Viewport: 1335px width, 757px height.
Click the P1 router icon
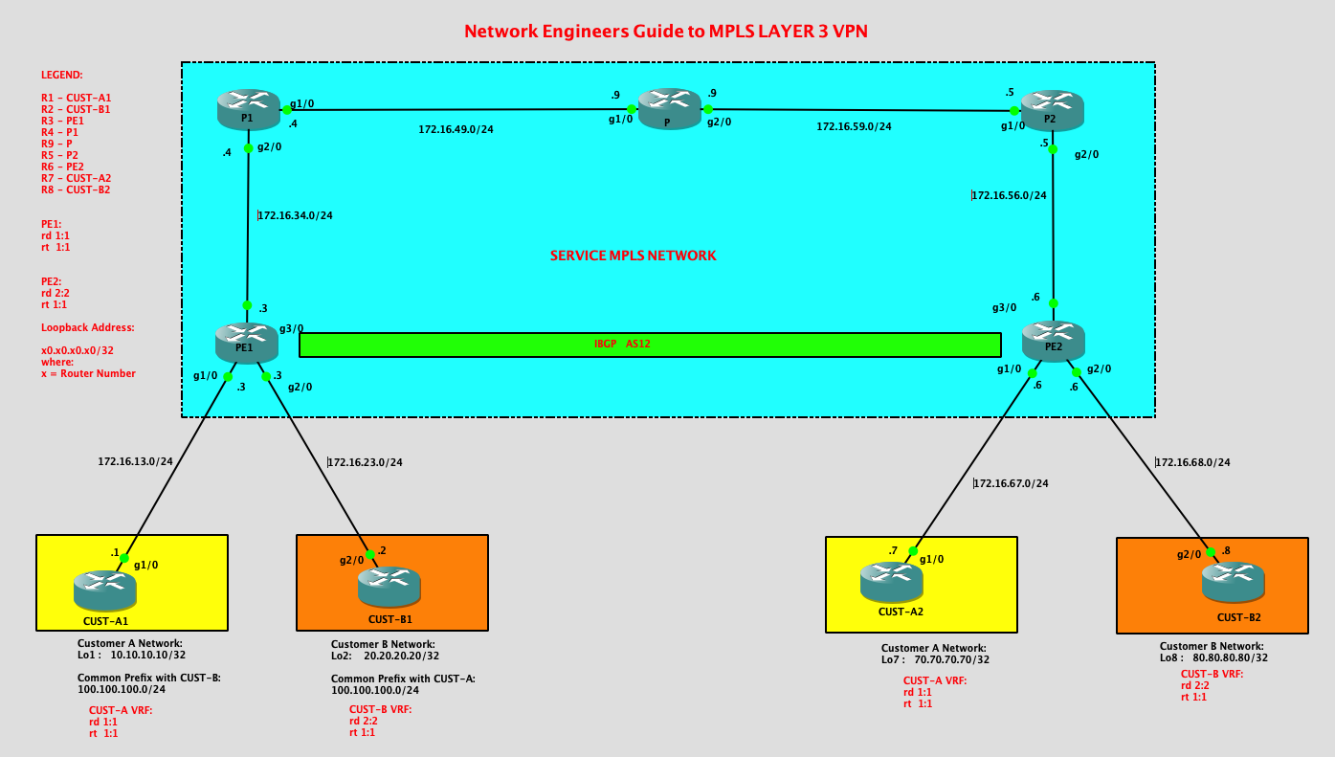(x=248, y=108)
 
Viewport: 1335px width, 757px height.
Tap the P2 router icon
(x=1052, y=109)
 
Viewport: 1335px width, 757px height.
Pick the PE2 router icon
(x=1053, y=341)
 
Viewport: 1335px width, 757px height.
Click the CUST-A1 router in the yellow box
(x=105, y=590)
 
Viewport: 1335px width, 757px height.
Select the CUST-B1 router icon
(x=389, y=585)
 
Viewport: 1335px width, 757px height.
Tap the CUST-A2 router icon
(x=891, y=581)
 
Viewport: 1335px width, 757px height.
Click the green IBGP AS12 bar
(x=650, y=345)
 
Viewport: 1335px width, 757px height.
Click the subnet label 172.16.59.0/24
(x=854, y=126)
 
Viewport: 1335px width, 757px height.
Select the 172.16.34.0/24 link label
(x=296, y=215)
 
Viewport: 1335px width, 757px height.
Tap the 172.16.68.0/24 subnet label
(x=1193, y=462)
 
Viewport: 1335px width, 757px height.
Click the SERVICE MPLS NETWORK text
(x=633, y=256)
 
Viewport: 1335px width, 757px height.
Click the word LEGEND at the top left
(x=61, y=75)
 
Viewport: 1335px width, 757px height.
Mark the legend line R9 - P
(x=56, y=144)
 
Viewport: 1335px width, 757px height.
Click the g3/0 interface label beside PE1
(x=291, y=328)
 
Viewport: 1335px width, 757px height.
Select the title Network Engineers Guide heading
(x=665, y=32)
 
